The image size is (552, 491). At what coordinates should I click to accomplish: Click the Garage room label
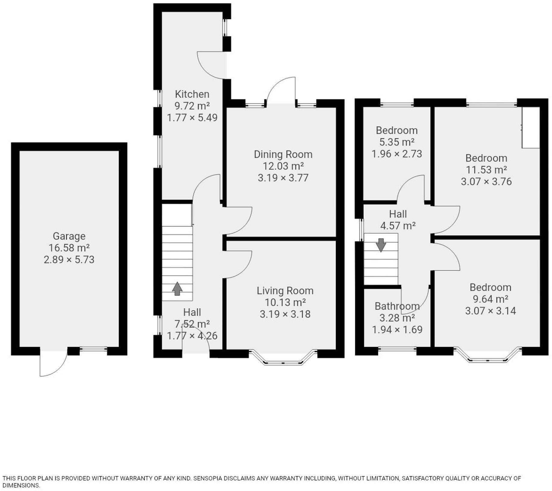coord(69,236)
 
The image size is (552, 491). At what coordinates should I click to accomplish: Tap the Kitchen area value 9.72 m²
coord(192,106)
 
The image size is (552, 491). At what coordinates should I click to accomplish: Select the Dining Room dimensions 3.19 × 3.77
coord(283,178)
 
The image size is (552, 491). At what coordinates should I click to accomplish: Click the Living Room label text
coord(285,291)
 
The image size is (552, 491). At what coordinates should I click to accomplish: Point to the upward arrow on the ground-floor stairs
coord(177,289)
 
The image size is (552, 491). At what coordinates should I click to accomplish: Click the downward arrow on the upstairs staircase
coord(381,245)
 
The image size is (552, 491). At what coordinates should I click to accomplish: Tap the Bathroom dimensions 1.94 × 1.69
coord(397,330)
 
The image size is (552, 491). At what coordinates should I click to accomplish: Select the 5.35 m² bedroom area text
coord(397,142)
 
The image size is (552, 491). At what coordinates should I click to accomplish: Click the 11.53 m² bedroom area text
coord(486,170)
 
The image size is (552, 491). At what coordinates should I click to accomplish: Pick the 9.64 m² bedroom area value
coord(490,299)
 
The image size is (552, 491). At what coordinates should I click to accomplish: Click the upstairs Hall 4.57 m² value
coord(398,226)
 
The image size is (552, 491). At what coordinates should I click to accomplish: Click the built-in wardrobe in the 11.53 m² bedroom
coord(531,128)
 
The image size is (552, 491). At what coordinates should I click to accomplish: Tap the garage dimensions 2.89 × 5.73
coord(69,260)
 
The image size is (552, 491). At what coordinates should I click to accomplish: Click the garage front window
coord(93,349)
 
